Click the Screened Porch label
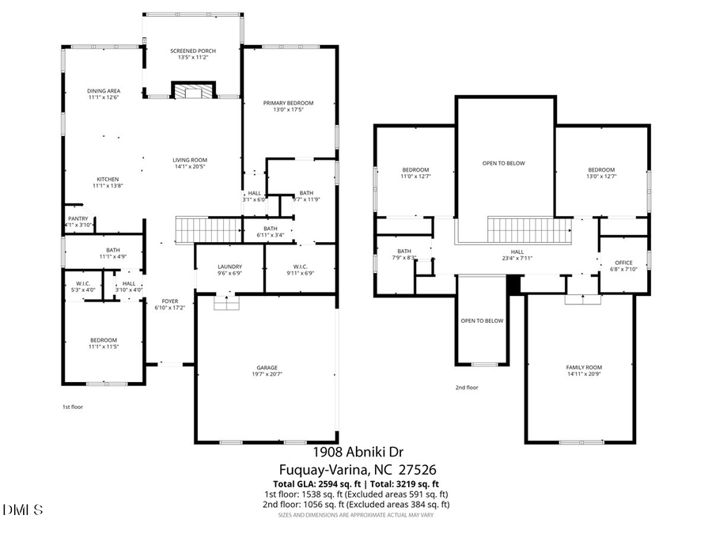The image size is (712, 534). coord(193,51)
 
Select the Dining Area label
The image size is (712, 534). coord(104,91)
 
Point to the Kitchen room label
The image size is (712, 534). coord(108,179)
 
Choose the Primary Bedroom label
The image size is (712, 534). coord(289,103)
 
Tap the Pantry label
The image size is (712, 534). coord(78,219)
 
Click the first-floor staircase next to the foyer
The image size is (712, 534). coord(207,230)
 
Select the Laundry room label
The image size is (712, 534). coord(229,267)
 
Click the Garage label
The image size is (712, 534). coord(265,368)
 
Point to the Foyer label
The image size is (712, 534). coord(170,301)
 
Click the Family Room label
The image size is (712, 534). coord(584,368)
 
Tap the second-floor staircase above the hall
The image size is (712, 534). coord(528,232)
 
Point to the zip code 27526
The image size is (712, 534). coord(415,470)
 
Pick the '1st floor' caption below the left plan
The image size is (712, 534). coord(73,407)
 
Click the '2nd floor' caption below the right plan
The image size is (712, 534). coord(467,388)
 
